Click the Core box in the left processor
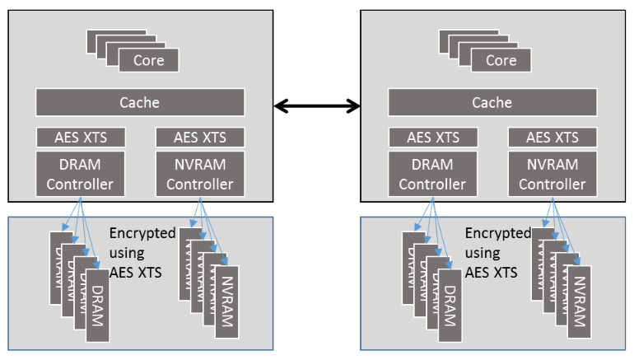149,60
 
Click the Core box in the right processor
501,60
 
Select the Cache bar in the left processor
140,102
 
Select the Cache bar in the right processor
492,102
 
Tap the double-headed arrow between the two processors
317,105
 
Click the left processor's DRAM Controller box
80,174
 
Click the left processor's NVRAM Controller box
200,174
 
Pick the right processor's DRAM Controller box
432,174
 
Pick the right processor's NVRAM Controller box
552,174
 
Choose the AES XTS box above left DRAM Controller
80,138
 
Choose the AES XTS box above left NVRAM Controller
200,138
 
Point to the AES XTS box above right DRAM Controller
432,138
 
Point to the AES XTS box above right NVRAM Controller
552,138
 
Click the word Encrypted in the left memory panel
142,233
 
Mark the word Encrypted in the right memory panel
498,233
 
